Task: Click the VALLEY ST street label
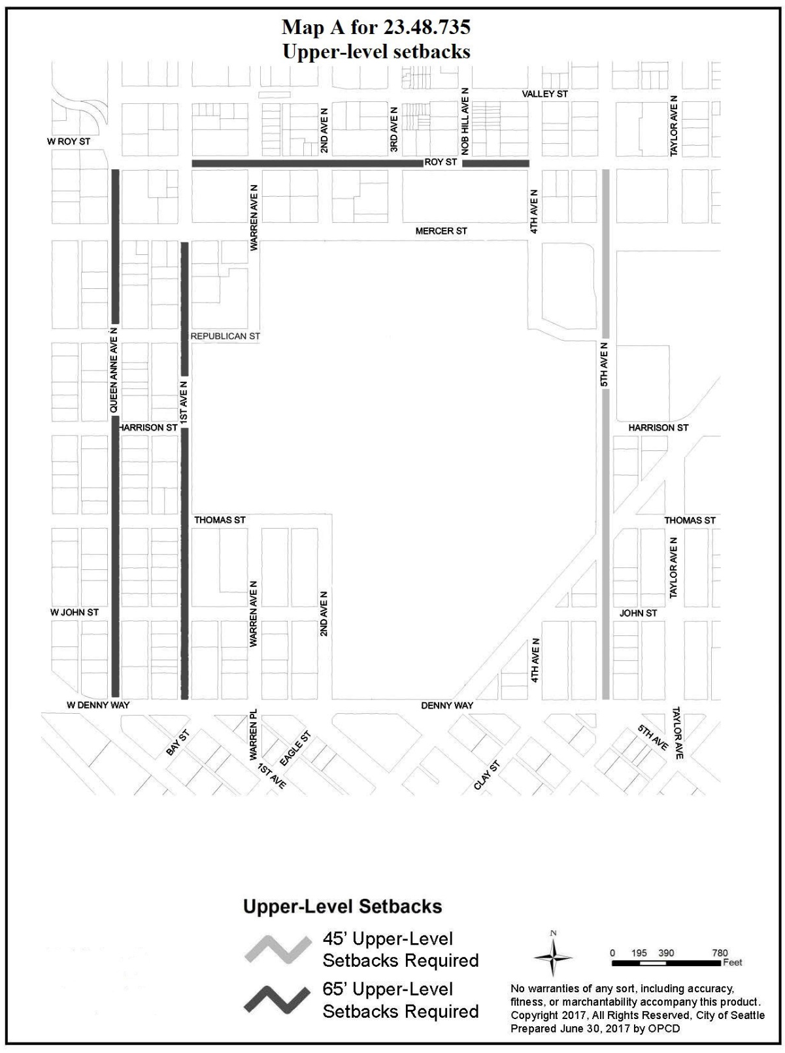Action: pyautogui.click(x=544, y=94)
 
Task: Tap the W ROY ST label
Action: pyautogui.click(x=69, y=142)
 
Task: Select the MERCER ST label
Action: pyautogui.click(x=441, y=231)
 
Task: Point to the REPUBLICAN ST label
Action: pyautogui.click(x=225, y=336)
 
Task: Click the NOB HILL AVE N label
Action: pyautogui.click(x=465, y=122)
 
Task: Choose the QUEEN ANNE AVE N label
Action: pyautogui.click(x=114, y=370)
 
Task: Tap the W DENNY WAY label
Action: pyautogui.click(x=98, y=705)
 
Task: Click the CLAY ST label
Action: pyautogui.click(x=487, y=775)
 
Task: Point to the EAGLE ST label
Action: pyautogui.click(x=295, y=748)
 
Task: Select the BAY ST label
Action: pyautogui.click(x=178, y=743)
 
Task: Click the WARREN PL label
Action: pyautogui.click(x=253, y=735)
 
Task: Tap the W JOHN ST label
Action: pyautogui.click(x=75, y=612)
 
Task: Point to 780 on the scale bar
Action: pyautogui.click(x=720, y=953)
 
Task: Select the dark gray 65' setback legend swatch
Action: pyautogui.click(x=277, y=1000)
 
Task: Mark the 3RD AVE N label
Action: pyautogui.click(x=394, y=129)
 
